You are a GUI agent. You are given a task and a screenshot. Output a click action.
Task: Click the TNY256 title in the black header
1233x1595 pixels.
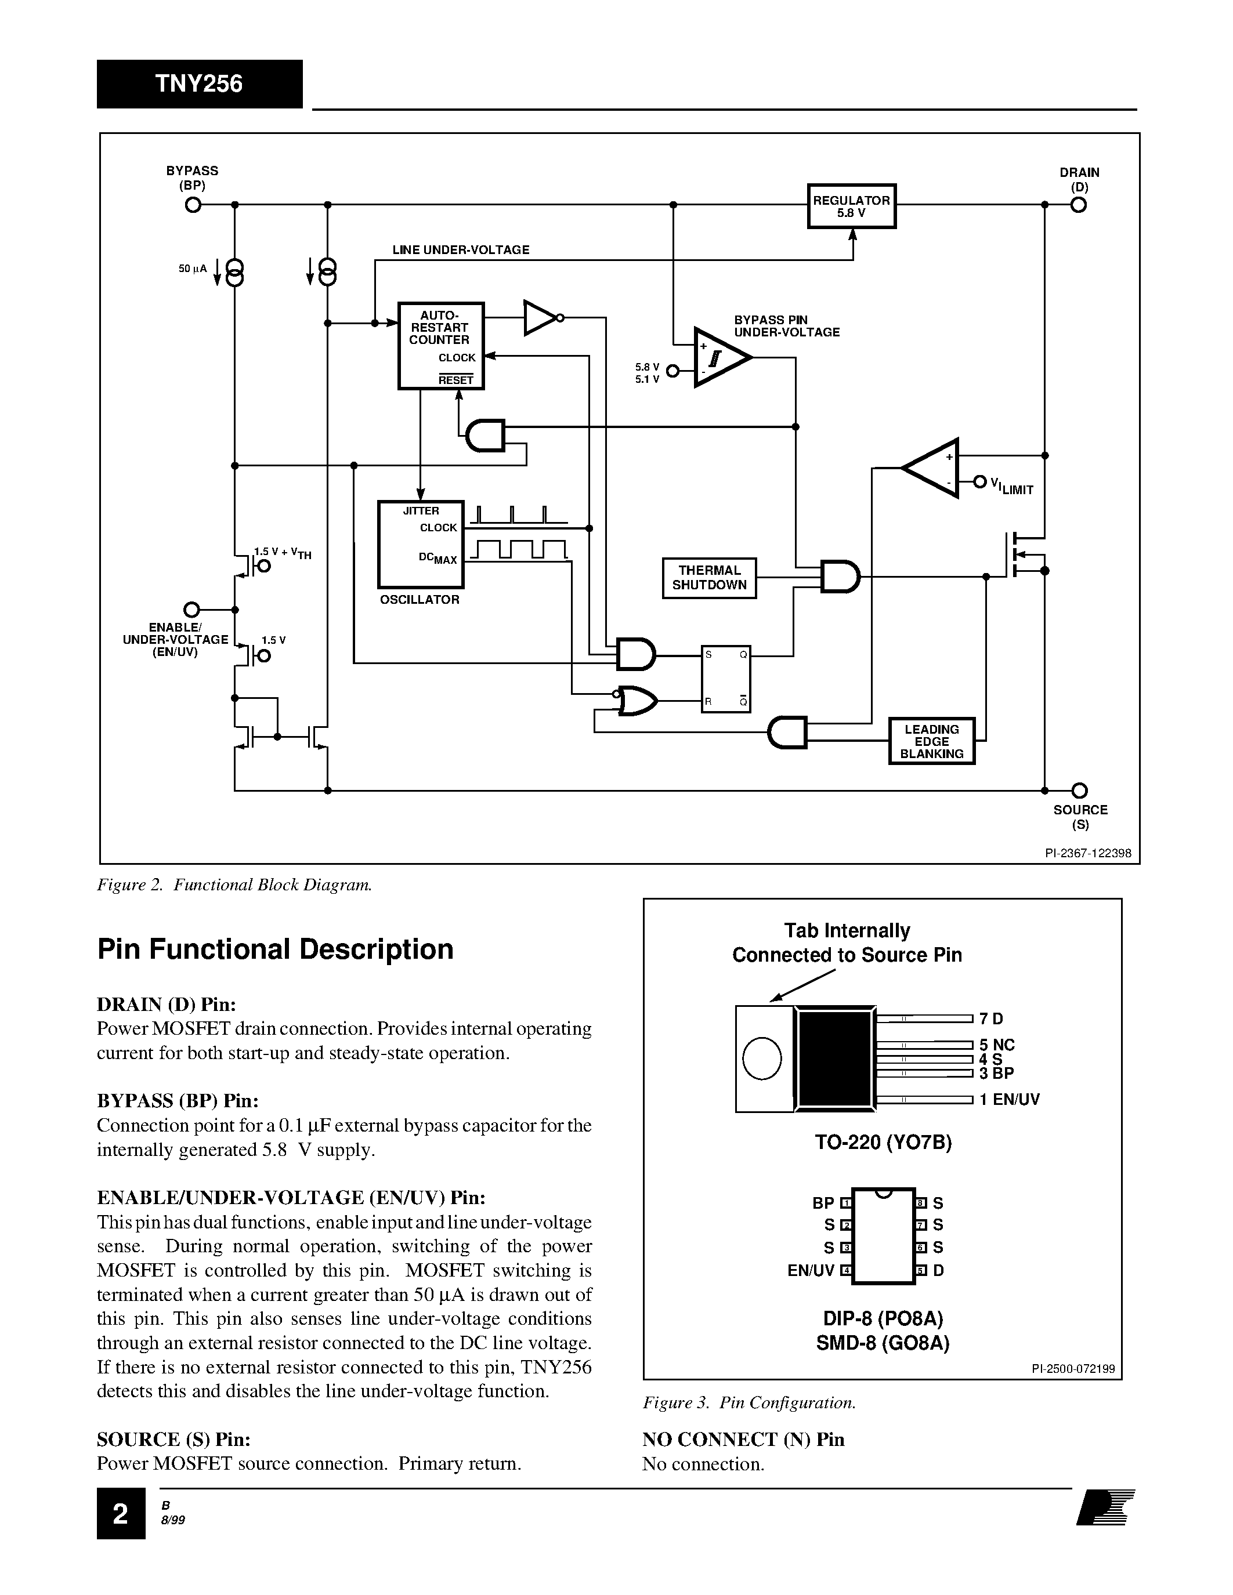point(198,84)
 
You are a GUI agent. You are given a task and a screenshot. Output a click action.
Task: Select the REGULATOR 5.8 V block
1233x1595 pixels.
point(851,206)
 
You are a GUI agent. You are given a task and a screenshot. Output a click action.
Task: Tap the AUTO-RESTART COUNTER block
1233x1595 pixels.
point(440,346)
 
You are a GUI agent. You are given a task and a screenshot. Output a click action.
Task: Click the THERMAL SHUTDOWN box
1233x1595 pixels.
point(708,578)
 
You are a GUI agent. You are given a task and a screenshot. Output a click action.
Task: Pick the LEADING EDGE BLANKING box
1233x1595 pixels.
point(931,741)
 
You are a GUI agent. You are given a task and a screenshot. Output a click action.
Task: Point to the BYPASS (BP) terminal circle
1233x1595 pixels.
point(192,205)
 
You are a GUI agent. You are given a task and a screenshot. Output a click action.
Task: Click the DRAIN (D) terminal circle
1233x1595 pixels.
point(1079,205)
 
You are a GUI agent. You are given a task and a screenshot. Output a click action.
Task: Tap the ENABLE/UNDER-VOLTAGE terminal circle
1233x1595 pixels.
point(191,609)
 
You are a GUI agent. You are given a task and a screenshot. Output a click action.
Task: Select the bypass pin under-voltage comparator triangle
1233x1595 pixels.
point(719,358)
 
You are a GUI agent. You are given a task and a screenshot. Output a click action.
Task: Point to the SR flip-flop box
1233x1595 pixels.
point(725,679)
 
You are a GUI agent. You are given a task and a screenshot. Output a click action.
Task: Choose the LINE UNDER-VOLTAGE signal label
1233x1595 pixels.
point(460,250)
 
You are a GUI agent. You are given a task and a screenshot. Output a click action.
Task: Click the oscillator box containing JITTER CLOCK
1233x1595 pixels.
point(420,544)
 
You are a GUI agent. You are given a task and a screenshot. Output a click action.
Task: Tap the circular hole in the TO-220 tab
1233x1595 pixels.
point(762,1058)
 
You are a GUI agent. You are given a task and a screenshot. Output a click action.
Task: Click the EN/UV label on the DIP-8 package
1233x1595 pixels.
point(810,1270)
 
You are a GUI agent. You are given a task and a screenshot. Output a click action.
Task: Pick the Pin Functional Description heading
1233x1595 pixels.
point(276,949)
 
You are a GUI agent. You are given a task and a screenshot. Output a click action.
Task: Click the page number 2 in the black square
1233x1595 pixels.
point(121,1514)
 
